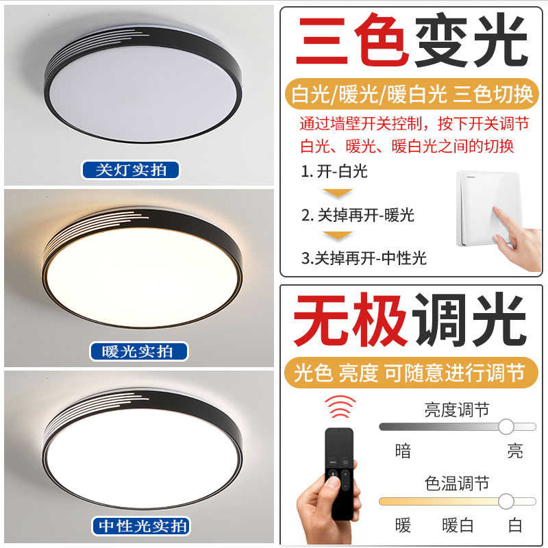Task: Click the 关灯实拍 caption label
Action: pyautogui.click(x=130, y=170)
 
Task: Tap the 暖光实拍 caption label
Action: pyautogui.click(x=139, y=352)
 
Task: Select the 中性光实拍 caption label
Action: pyautogui.click(x=140, y=526)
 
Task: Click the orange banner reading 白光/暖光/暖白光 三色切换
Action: pyautogui.click(x=412, y=95)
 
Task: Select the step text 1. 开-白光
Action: pyautogui.click(x=334, y=171)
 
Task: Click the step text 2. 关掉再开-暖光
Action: pyautogui.click(x=358, y=215)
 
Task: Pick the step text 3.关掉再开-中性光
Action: pyautogui.click(x=364, y=258)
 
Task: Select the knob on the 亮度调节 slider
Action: pyautogui.click(x=506, y=427)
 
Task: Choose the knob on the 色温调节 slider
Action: pyautogui.click(x=506, y=501)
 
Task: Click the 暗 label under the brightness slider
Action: pyautogui.click(x=403, y=451)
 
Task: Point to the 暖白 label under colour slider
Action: pyautogui.click(x=458, y=525)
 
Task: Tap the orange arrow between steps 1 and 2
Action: pyautogui.click(x=337, y=193)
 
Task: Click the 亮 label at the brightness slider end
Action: pyautogui.click(x=514, y=451)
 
